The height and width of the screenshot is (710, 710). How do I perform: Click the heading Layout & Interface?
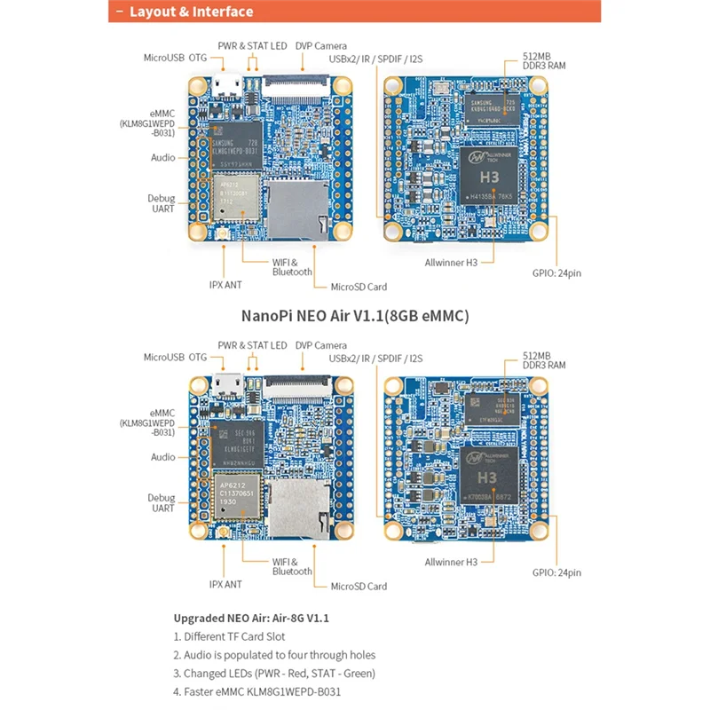coord(190,12)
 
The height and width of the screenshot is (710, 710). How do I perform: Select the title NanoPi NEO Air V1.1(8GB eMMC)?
coord(355,315)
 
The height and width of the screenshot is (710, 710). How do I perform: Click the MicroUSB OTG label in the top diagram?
coord(175,58)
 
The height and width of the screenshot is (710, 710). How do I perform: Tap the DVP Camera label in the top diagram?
coord(320,46)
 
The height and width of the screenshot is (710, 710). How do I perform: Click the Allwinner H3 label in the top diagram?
coord(451,263)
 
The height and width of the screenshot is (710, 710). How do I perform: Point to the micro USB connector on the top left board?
coord(225,87)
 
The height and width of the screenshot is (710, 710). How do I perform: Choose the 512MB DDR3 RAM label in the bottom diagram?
coord(545,359)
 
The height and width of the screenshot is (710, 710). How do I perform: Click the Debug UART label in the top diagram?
coord(162,203)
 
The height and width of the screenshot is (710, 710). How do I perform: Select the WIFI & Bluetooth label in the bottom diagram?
coord(292,566)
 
